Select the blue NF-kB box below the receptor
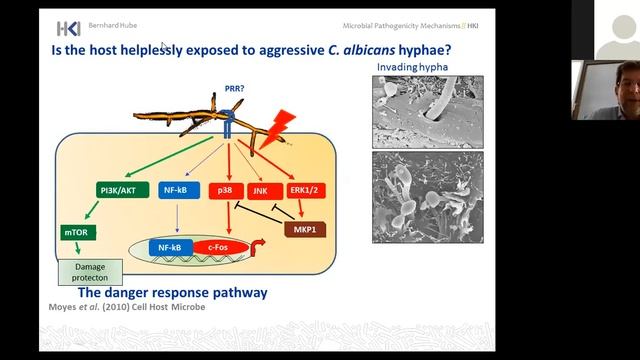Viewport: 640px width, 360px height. pyautogui.click(x=181, y=188)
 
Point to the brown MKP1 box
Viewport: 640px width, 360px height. pyautogui.click(x=305, y=231)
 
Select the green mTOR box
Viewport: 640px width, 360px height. pyautogui.click(x=77, y=231)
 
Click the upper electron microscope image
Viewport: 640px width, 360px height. pyautogui.click(x=427, y=111)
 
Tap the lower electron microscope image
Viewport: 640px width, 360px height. pyautogui.click(x=427, y=197)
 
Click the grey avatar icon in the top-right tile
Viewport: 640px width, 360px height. pyautogui.click(x=610, y=26)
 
